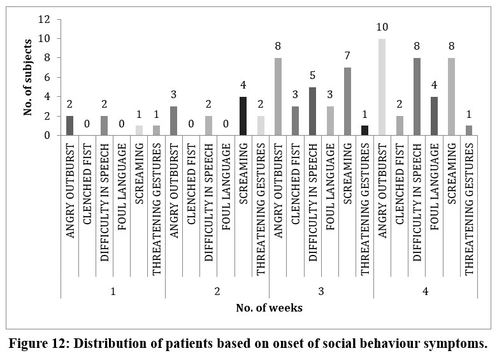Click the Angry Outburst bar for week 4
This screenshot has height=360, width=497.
pos(382,87)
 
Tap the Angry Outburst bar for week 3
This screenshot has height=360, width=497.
pos(278,96)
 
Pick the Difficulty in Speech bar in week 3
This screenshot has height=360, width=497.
pos(313,111)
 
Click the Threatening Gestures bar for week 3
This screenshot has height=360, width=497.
pos(364,130)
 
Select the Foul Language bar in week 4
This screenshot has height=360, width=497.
pos(434,116)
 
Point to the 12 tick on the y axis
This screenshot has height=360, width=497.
pos(45,19)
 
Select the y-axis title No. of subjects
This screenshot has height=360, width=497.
pos(27,77)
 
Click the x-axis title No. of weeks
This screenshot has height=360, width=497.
pos(270,308)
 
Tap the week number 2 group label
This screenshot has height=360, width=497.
pos(217,291)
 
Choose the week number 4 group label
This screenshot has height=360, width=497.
pos(425,291)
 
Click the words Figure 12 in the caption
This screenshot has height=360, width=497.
pos(40,344)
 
